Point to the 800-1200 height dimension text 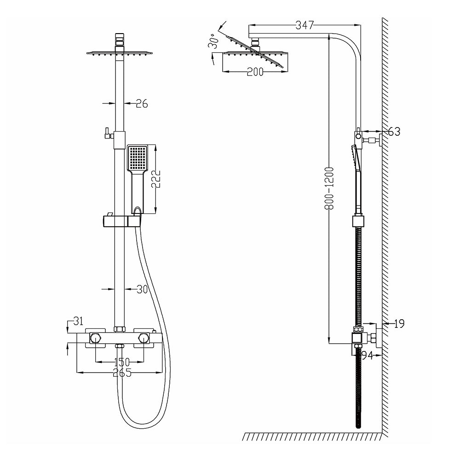coord(328,188)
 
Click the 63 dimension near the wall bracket coord(394,132)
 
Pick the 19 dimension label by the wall coord(399,324)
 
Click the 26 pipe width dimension coord(142,104)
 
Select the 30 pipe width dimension coord(141,289)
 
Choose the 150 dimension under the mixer coord(121,362)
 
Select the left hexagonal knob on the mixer coord(95,339)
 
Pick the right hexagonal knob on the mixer coord(144,339)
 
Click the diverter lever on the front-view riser coord(106,134)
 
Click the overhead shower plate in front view coord(119,54)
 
